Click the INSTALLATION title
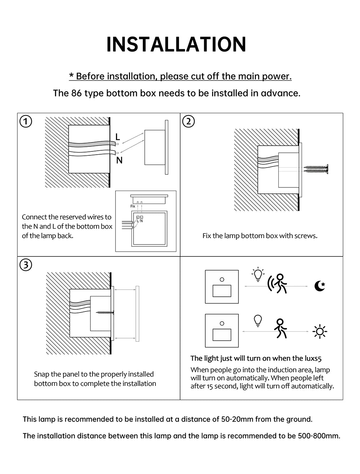(x=176, y=44)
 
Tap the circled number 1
(x=26, y=121)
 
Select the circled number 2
(x=188, y=121)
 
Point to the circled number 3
(x=26, y=265)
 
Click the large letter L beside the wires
(x=118, y=137)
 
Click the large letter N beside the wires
(x=119, y=160)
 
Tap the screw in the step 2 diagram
(x=316, y=169)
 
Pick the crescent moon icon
(x=320, y=286)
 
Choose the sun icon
(x=320, y=332)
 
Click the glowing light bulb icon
(x=258, y=274)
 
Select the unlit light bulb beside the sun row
(x=258, y=321)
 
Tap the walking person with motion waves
(x=278, y=283)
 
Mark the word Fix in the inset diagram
(x=133, y=206)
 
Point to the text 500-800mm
(x=319, y=436)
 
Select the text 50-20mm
(x=237, y=419)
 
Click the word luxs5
(x=313, y=358)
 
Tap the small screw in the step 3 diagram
(x=105, y=312)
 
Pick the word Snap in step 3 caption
(x=41, y=374)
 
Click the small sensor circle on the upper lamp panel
(x=222, y=279)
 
